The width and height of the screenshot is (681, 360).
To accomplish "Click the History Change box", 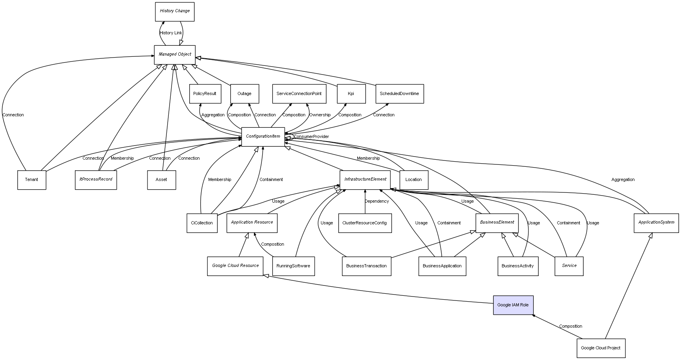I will [175, 11].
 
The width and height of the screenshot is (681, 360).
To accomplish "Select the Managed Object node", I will [175, 54].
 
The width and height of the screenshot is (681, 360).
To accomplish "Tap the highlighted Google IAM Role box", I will [513, 305].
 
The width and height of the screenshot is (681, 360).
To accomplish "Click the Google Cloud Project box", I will [601, 348].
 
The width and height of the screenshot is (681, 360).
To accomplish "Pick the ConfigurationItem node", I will [263, 136].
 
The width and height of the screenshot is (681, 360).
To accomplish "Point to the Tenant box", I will [32, 180].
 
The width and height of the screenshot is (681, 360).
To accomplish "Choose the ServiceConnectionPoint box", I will [299, 94].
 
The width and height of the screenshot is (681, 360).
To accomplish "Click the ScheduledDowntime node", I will [399, 94].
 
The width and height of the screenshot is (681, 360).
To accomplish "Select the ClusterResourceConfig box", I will [365, 223].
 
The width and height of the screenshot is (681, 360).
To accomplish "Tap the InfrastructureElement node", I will [365, 179].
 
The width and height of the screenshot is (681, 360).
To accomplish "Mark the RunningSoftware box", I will [293, 266].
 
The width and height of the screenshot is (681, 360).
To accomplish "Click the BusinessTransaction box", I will [366, 266].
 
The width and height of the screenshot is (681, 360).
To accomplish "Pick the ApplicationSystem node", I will [656, 222].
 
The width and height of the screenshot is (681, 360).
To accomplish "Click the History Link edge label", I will [171, 33].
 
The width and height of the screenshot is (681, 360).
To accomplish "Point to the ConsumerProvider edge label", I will [311, 137].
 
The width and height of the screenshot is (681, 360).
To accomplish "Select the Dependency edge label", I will [377, 201].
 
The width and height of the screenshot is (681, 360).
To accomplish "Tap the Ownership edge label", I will [320, 115].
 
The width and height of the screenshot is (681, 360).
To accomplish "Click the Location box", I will [414, 180].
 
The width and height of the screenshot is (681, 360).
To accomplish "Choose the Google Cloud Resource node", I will [235, 266].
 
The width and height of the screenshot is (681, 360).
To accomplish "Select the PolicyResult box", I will [205, 94].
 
